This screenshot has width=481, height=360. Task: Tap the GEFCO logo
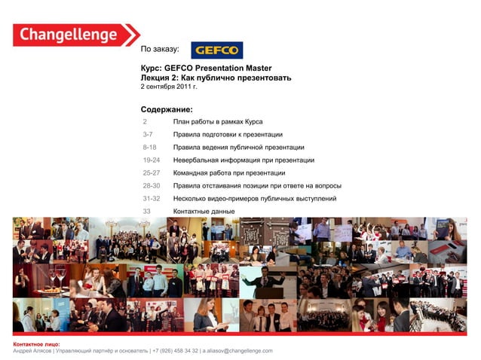click(216, 50)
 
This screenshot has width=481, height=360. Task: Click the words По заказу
click(160, 50)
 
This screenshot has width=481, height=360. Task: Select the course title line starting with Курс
click(206, 68)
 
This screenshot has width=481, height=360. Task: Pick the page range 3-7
click(149, 134)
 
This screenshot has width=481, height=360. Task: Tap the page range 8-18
click(149, 147)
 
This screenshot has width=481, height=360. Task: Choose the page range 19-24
click(151, 160)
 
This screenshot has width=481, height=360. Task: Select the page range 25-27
click(151, 172)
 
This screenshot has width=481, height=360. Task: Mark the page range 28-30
click(151, 185)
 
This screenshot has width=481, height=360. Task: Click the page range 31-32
click(151, 198)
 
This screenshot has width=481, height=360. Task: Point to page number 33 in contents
click(147, 211)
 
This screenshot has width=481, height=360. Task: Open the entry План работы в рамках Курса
click(217, 121)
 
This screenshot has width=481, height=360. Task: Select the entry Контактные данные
click(204, 211)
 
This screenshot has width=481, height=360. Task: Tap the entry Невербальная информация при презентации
click(244, 160)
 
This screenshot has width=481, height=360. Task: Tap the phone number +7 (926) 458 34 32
click(176, 351)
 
